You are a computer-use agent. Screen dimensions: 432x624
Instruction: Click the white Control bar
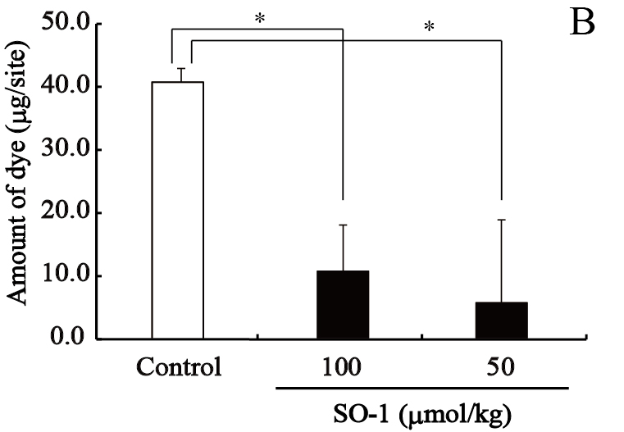[178, 210]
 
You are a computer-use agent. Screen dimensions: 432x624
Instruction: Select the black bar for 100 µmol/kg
[342, 304]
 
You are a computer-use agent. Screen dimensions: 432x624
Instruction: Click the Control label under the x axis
[180, 366]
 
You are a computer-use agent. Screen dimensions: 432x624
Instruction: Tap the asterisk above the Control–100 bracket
[260, 18]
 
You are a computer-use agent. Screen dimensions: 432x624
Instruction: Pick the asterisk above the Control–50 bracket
[428, 27]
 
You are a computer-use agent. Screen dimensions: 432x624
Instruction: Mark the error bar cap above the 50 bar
[500, 220]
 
